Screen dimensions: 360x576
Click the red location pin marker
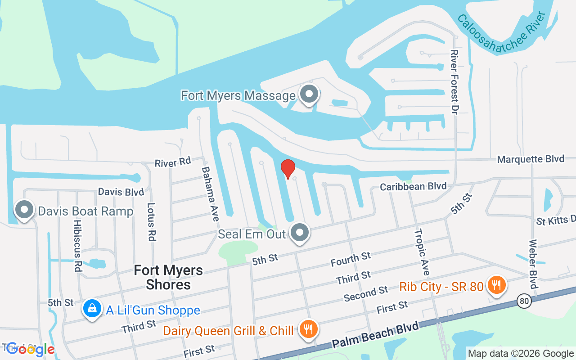[x=288, y=169]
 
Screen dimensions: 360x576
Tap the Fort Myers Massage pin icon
[x=309, y=94]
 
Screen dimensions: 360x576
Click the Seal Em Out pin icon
[x=300, y=233]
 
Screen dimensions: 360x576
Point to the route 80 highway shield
[x=523, y=301]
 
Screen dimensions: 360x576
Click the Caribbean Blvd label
[x=413, y=186]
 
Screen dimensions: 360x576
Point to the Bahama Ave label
[x=210, y=193]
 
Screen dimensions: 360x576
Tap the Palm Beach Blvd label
[x=376, y=334]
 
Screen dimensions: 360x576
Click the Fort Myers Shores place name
[x=168, y=277]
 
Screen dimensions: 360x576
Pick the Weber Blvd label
[x=533, y=265]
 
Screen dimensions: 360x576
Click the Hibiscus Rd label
[x=77, y=245]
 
